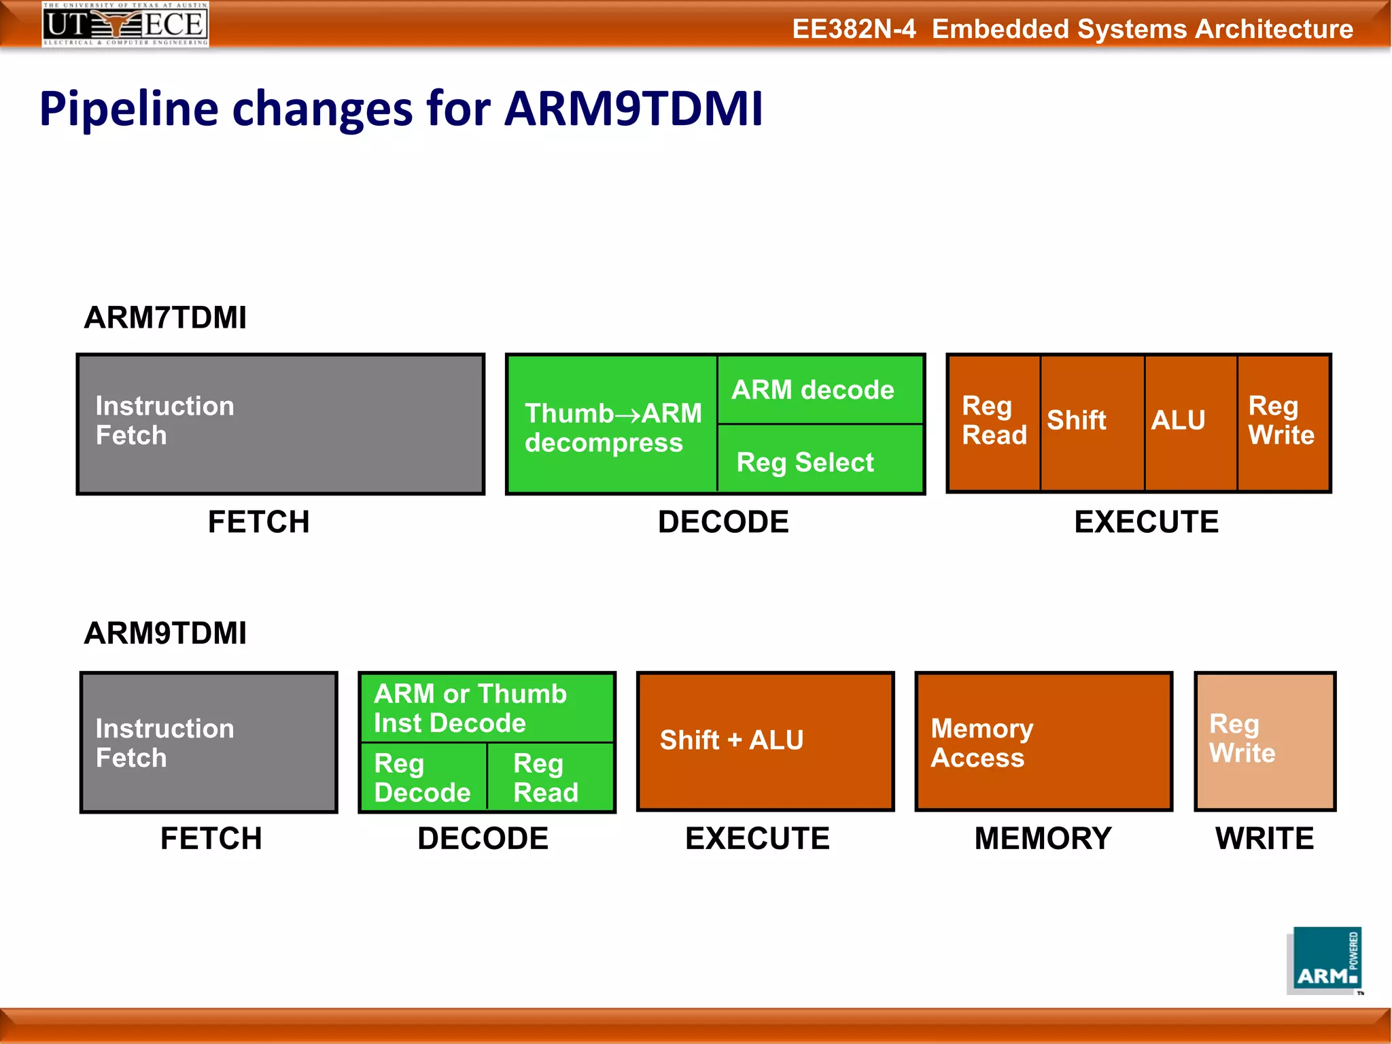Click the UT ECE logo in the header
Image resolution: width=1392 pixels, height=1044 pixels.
click(125, 24)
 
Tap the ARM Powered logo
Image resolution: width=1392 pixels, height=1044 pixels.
click(1325, 960)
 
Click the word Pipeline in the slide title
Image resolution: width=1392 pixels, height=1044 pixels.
click(129, 109)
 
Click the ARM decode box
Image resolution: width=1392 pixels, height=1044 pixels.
click(820, 390)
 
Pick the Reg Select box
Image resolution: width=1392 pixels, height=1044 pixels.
click(820, 461)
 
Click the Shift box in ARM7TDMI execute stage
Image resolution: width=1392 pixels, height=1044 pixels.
click(1090, 421)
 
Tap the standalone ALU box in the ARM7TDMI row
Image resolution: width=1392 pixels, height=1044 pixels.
click(1189, 421)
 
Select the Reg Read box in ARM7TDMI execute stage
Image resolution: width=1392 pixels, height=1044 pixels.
click(994, 421)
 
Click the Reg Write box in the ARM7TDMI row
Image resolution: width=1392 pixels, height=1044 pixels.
click(1282, 421)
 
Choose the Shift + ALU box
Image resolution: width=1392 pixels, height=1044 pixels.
click(765, 741)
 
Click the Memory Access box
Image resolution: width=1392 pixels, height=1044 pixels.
click(1043, 741)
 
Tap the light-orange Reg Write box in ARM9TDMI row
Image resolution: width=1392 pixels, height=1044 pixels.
click(1264, 741)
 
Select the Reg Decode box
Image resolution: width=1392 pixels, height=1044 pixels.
click(423, 778)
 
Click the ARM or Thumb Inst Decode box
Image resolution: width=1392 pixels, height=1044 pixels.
click(487, 708)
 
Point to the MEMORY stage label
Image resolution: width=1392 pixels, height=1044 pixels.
click(1043, 838)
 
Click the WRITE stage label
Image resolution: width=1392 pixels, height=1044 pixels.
click(1264, 838)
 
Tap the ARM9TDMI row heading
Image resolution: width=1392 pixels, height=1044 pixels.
click(165, 633)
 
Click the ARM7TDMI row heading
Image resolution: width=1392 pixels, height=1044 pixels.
click(165, 317)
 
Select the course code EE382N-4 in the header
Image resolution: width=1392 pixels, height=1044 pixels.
click(854, 29)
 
